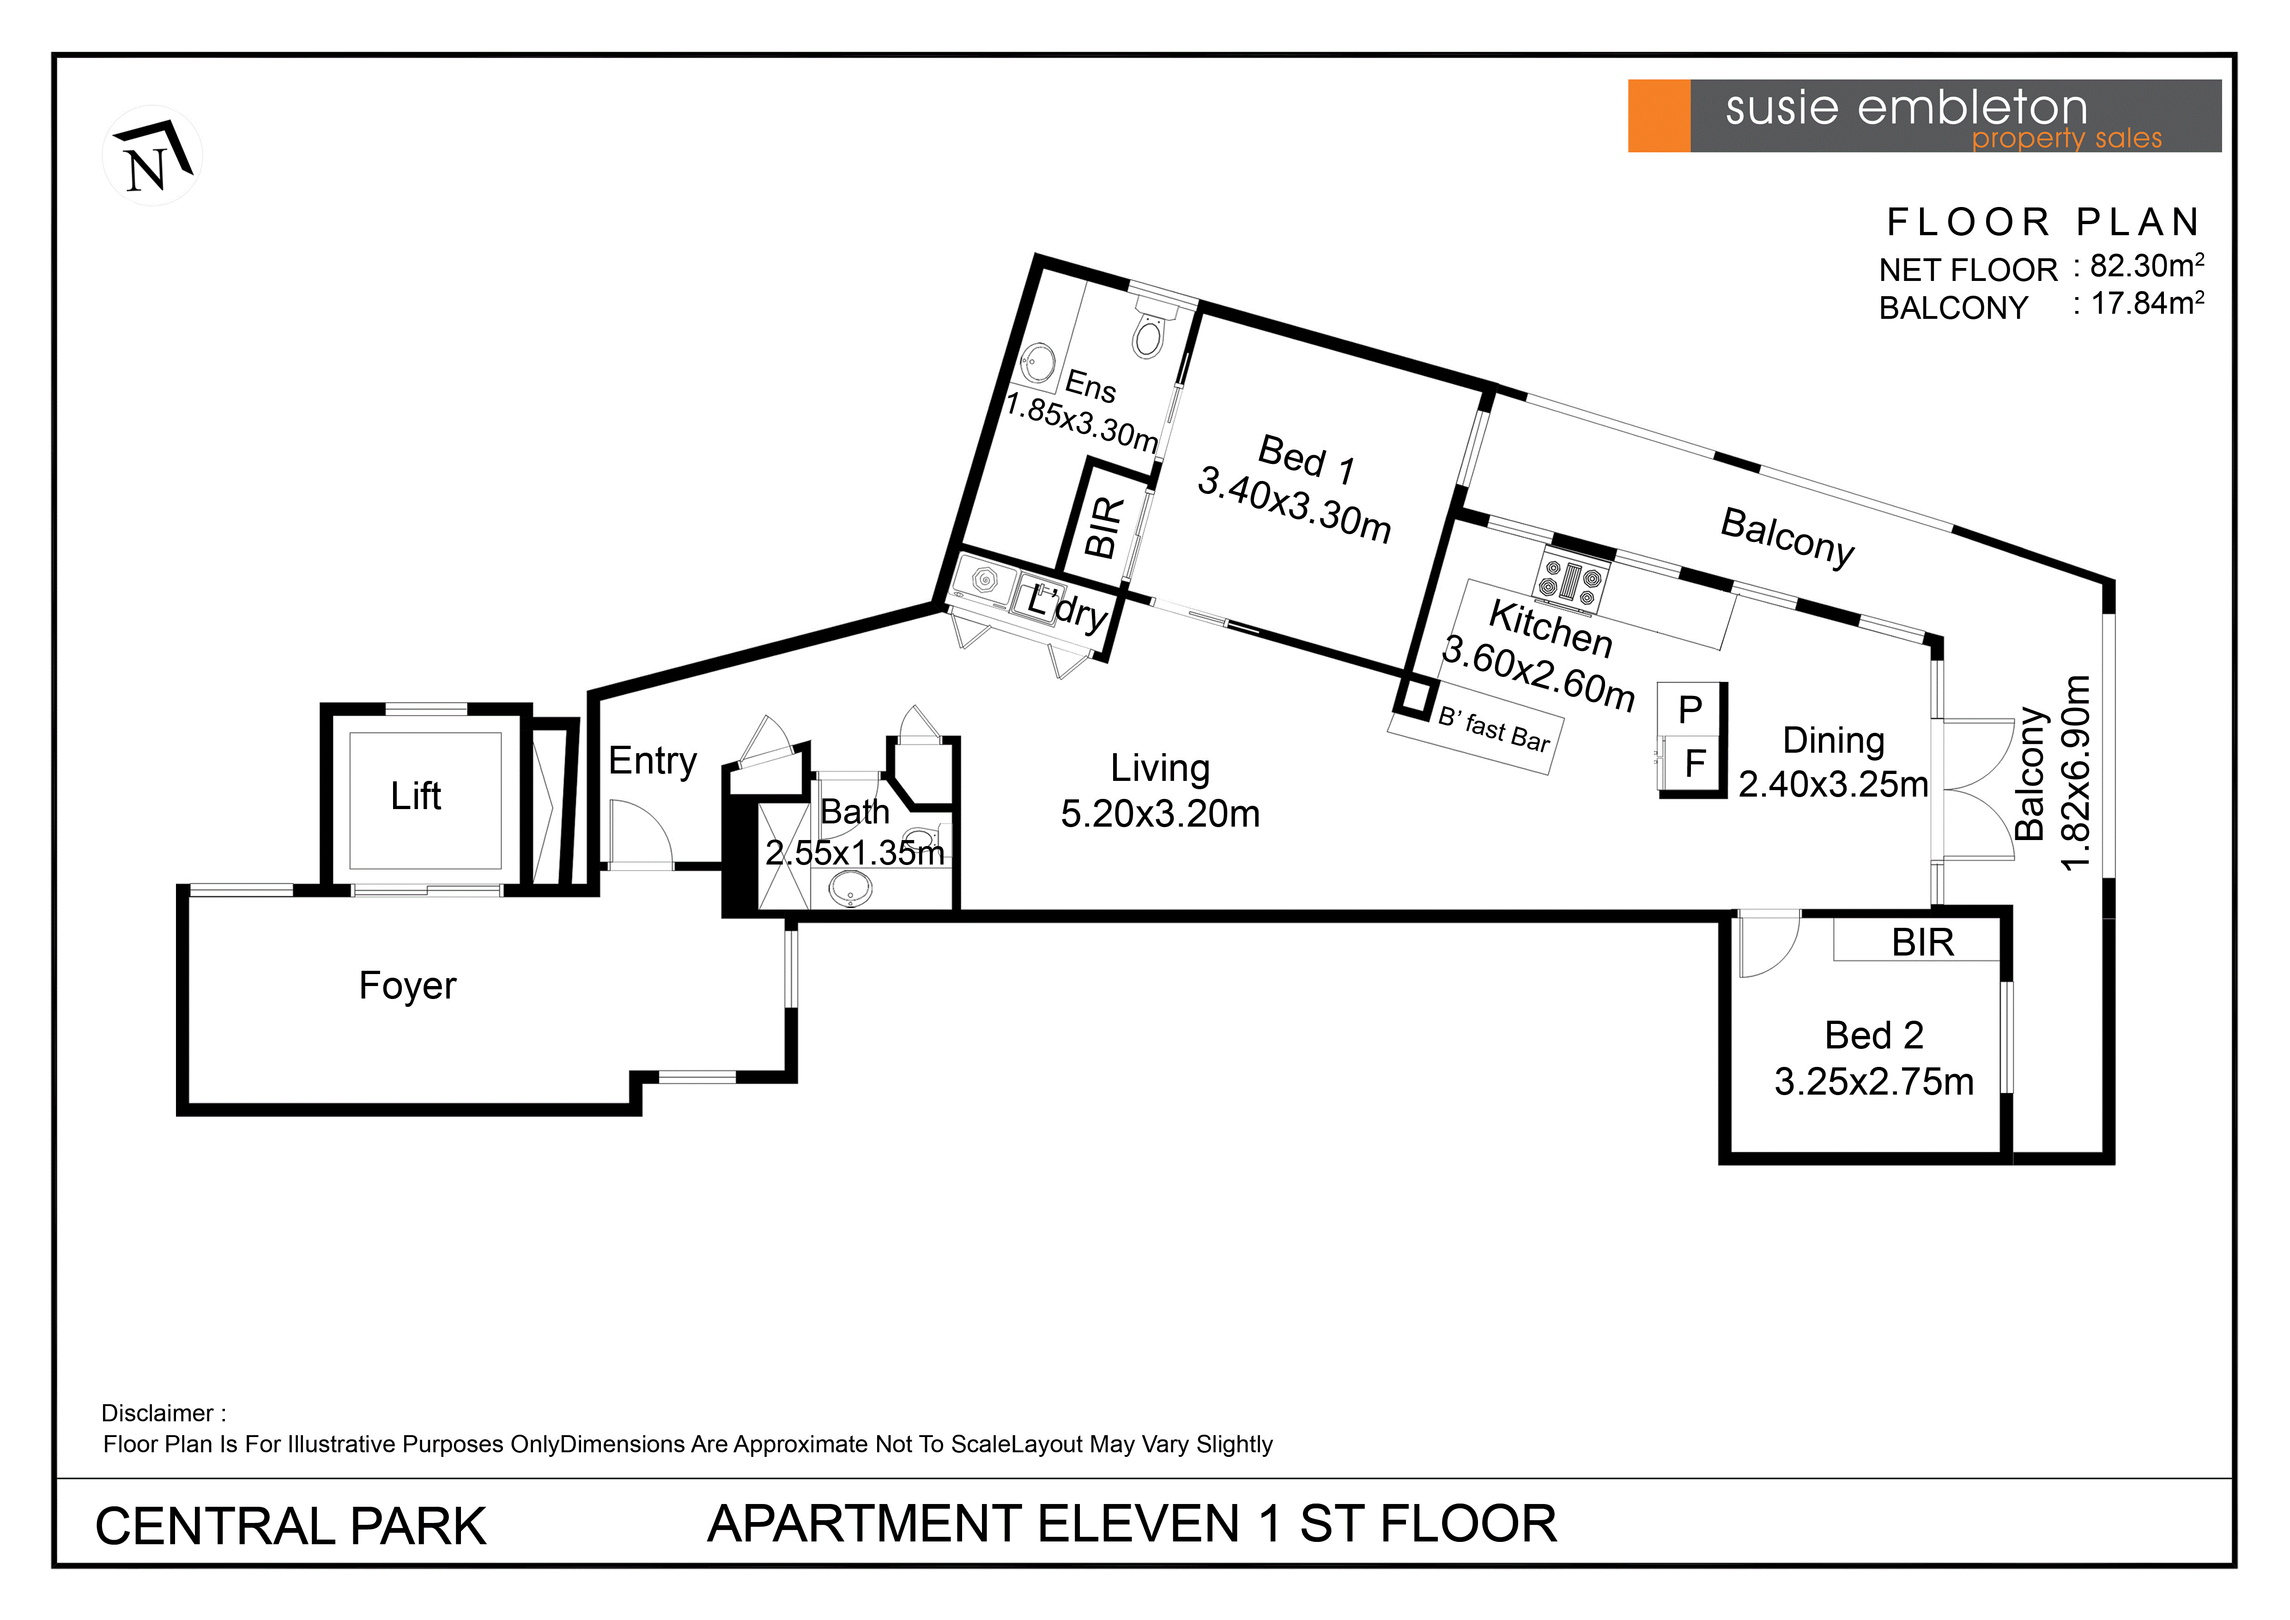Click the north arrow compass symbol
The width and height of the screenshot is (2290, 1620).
pyautogui.click(x=152, y=156)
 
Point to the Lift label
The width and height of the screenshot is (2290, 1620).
pyautogui.click(x=416, y=796)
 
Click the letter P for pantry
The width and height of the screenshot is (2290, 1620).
pyautogui.click(x=1690, y=710)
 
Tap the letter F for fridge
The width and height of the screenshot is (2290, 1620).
pyautogui.click(x=1695, y=763)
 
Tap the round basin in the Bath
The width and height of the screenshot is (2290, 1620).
pyautogui.click(x=851, y=887)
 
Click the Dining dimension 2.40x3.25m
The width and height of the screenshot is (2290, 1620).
pyautogui.click(x=1833, y=784)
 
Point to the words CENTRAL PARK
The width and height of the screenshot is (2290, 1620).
pyautogui.click(x=290, y=1526)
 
